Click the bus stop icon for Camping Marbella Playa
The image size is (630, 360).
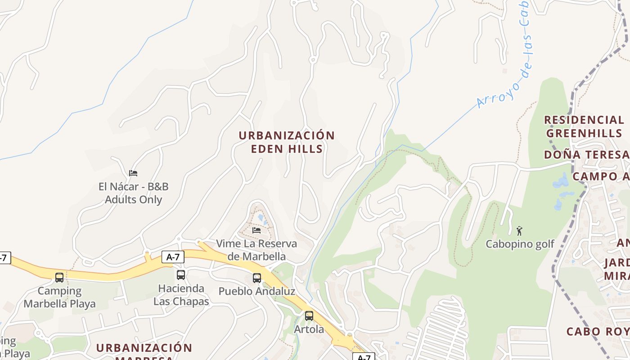click(59, 277)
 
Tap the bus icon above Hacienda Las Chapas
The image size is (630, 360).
click(181, 274)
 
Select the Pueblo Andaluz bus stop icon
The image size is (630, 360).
click(257, 278)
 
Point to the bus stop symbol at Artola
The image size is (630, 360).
click(309, 316)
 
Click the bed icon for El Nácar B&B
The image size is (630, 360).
click(133, 173)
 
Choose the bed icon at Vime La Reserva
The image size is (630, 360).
click(256, 230)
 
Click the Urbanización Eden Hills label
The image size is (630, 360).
click(287, 142)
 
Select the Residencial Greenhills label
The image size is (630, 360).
click(584, 126)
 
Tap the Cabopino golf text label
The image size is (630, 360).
click(520, 244)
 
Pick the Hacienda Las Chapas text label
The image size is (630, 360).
click(181, 295)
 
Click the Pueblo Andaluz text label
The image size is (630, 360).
click(256, 291)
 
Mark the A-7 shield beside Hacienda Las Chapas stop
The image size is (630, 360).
click(173, 257)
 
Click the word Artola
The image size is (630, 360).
click(309, 329)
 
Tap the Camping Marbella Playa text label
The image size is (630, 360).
click(59, 297)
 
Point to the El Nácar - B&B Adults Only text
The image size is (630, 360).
click(133, 193)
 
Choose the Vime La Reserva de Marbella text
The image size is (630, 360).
click(256, 250)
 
